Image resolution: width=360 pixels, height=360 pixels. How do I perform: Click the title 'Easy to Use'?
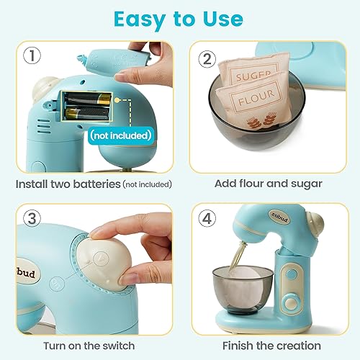pos(179,17)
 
